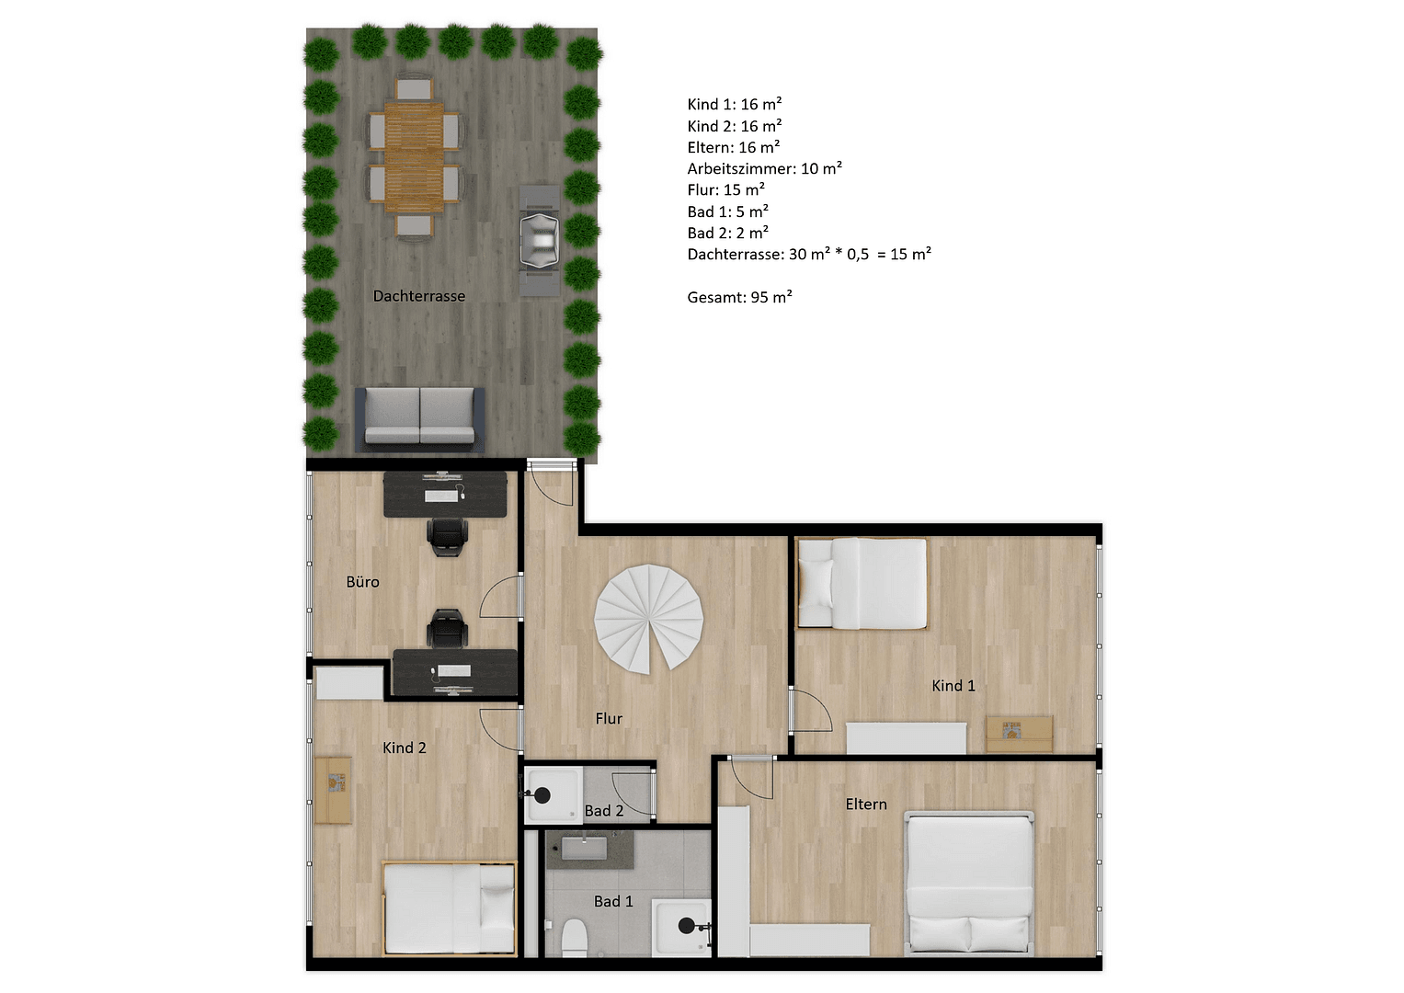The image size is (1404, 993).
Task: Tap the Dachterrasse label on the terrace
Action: point(418,296)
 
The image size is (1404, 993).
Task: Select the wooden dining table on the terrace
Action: point(414,157)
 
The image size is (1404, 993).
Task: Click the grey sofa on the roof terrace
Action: point(420,417)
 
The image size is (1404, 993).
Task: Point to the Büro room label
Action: point(362,582)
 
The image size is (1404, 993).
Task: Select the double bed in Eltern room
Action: point(969,882)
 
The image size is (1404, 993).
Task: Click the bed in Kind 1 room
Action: point(862,584)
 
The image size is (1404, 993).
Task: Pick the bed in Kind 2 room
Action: point(450,908)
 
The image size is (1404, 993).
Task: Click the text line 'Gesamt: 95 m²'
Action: point(739,297)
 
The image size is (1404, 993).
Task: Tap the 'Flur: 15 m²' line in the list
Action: point(725,190)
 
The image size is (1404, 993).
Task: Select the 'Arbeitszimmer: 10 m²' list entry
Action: point(764,168)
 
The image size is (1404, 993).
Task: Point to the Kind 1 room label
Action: point(953,686)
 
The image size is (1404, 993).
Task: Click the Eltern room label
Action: point(866,805)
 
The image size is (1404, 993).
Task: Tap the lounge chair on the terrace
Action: point(539,241)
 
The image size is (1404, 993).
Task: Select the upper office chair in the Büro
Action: point(448,536)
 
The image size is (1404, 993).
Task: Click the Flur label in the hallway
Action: point(609,719)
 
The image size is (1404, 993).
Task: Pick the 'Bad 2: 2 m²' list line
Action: point(727,233)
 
